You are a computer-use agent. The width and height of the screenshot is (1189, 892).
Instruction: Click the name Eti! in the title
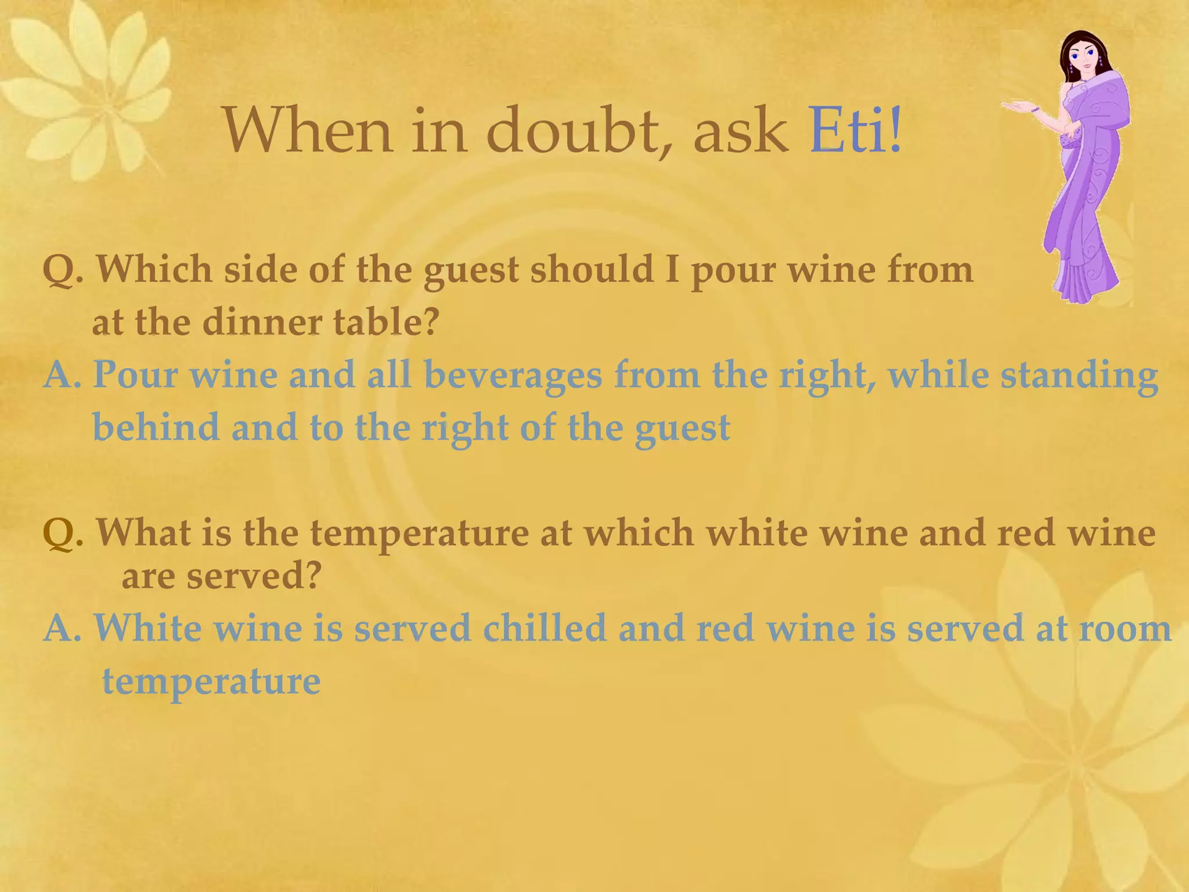pos(855,130)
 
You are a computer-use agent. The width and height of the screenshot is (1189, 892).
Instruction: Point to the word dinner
pos(262,322)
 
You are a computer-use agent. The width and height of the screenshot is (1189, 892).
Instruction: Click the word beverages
pos(513,375)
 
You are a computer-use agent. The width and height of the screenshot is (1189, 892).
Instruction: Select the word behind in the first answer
pos(156,427)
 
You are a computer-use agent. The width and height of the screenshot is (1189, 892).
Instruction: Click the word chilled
pos(544,628)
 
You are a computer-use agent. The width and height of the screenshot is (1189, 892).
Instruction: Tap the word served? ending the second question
pos(254,576)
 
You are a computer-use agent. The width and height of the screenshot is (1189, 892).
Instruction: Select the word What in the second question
pos(143,533)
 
